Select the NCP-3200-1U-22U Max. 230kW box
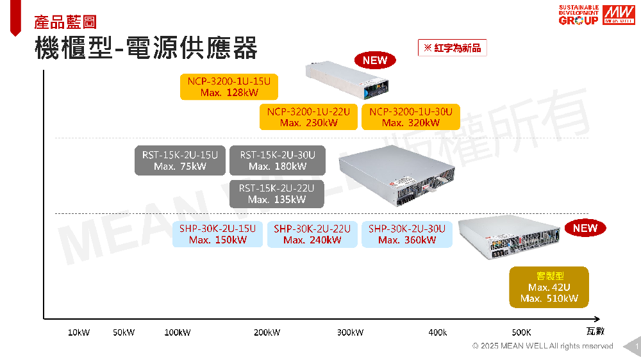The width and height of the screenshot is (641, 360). tap(308, 117)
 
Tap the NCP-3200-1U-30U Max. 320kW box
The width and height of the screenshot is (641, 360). tap(410, 117)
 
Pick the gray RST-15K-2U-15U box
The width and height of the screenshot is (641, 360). tap(179, 161)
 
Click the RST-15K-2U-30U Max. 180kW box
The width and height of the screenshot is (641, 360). tap(277, 161)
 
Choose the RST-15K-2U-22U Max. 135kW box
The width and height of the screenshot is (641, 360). tap(277, 193)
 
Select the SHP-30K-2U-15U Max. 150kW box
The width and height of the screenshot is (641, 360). tap(217, 234)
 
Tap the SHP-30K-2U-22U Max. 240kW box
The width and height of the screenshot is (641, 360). tap(312, 234)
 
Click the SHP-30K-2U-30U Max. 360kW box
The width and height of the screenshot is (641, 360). tap(406, 234)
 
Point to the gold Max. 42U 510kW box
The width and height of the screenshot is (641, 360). tap(549, 287)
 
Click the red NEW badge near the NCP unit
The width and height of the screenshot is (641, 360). tap(375, 60)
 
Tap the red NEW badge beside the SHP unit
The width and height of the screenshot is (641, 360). tap(585, 228)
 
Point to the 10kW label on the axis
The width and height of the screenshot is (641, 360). tap(79, 332)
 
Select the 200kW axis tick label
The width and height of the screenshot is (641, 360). tap(267, 332)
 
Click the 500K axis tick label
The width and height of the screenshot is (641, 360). tap(521, 332)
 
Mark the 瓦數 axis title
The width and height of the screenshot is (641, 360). tap(595, 331)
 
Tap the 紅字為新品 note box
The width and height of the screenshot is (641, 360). tap(452, 48)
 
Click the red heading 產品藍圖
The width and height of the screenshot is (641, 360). tap(65, 22)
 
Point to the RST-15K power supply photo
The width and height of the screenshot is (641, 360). tap(396, 174)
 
